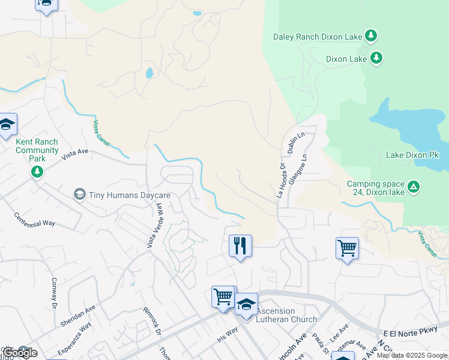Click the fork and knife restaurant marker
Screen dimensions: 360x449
pyautogui.click(x=240, y=245)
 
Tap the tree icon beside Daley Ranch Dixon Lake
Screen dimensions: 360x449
pyautogui.click(x=372, y=36)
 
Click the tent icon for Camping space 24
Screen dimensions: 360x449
pyautogui.click(x=414, y=187)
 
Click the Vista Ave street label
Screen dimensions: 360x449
pyautogui.click(x=74, y=158)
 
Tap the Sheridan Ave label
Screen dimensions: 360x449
pyautogui.click(x=78, y=316)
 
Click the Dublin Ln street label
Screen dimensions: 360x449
pyautogui.click(x=297, y=143)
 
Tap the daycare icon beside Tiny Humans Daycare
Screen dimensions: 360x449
pyautogui.click(x=79, y=194)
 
